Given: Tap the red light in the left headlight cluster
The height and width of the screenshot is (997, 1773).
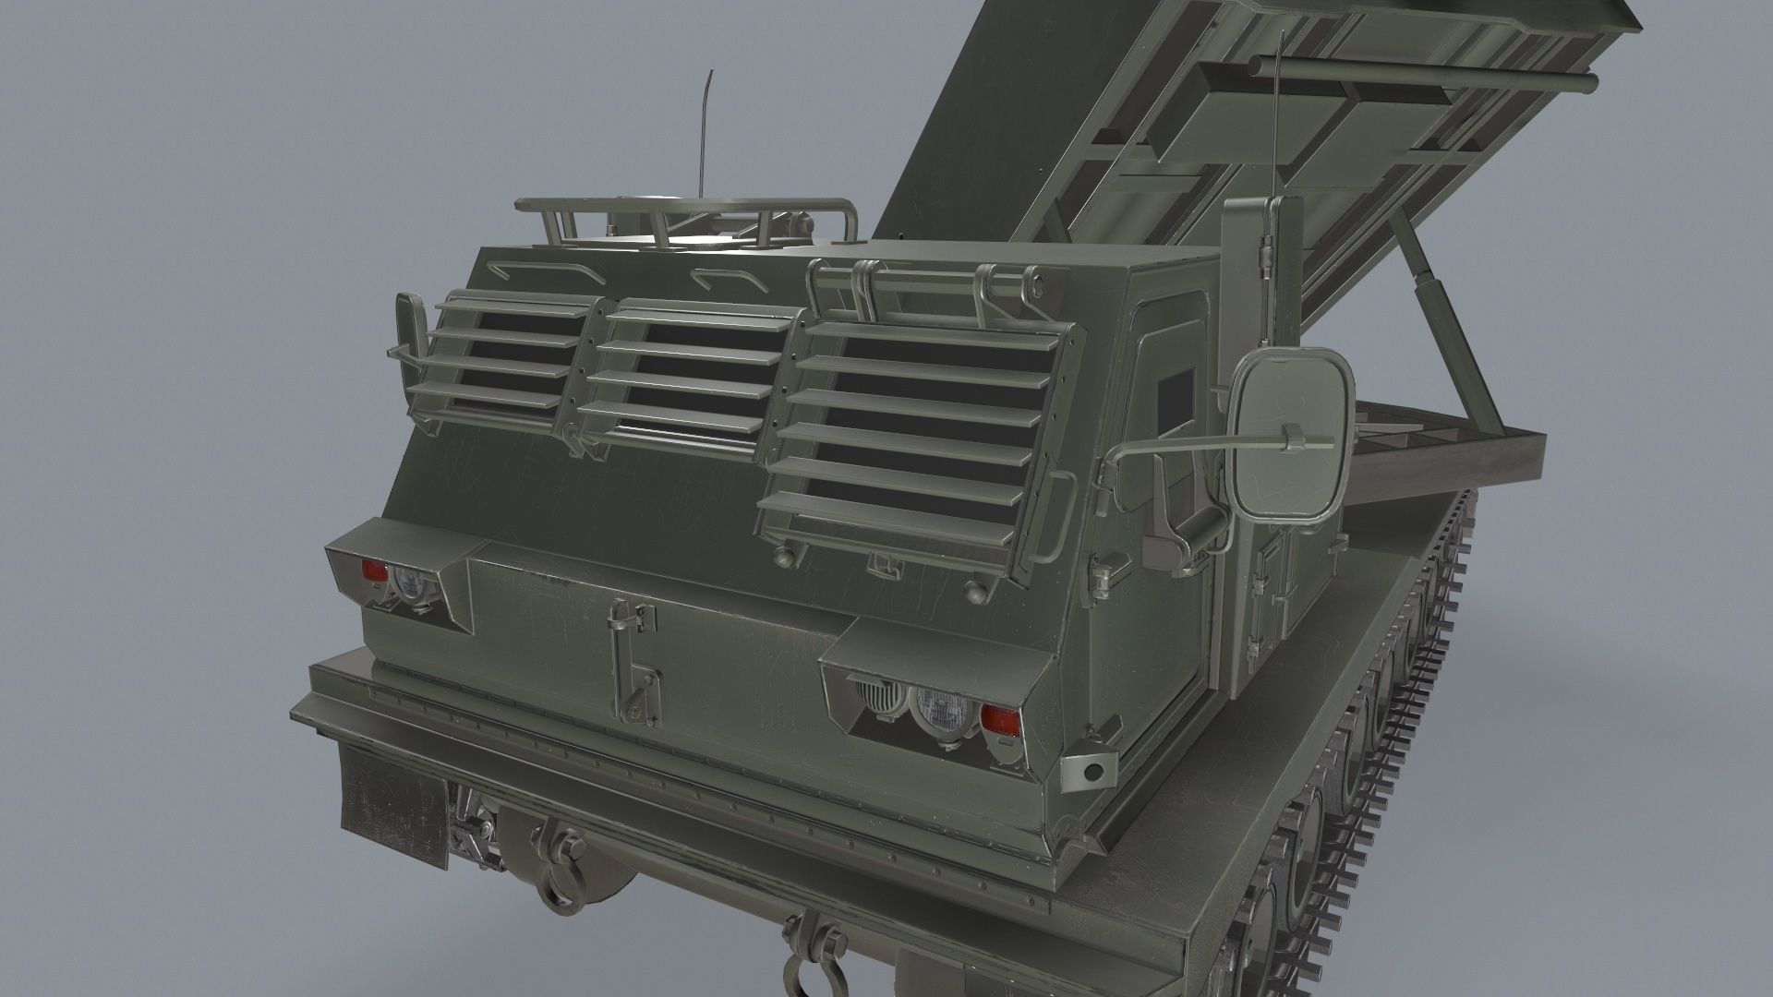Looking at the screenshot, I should [373, 571].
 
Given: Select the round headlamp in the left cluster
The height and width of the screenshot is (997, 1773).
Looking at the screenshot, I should [407, 583].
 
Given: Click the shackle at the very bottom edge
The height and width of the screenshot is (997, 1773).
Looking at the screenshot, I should [798, 969].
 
